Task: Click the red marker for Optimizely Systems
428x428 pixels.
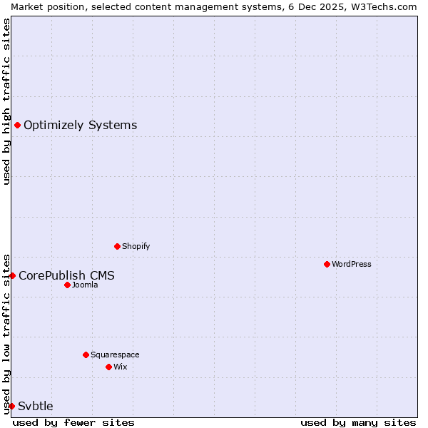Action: pyautogui.click(x=17, y=126)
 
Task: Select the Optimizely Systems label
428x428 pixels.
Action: pyautogui.click(x=80, y=126)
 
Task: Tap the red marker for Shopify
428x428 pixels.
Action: pyautogui.click(x=118, y=246)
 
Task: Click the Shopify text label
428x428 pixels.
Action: pyautogui.click(x=136, y=246)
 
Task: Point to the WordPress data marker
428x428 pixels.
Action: pyautogui.click(x=327, y=264)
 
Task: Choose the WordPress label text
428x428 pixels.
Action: pyautogui.click(x=351, y=264)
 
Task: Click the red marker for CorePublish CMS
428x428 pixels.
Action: pyautogui.click(x=12, y=275)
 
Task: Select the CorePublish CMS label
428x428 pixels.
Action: pyautogui.click(x=66, y=275)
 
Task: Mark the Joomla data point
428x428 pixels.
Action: pyautogui.click(x=67, y=285)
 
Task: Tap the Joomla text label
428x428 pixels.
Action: pyautogui.click(x=85, y=285)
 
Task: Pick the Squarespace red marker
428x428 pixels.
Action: pyautogui.click(x=86, y=355)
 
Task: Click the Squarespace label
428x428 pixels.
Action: pyautogui.click(x=115, y=355)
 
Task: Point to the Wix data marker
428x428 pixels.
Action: pyautogui.click(x=108, y=367)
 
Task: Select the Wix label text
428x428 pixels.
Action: pyautogui.click(x=121, y=367)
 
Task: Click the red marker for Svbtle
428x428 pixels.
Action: pyautogui.click(x=12, y=406)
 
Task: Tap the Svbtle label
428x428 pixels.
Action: pyautogui.click(x=36, y=406)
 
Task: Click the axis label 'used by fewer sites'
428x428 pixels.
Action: pyautogui.click(x=73, y=422)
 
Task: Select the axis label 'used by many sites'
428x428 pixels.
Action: pyautogui.click(x=358, y=422)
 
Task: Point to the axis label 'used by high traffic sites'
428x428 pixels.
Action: pyautogui.click(x=6, y=101)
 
